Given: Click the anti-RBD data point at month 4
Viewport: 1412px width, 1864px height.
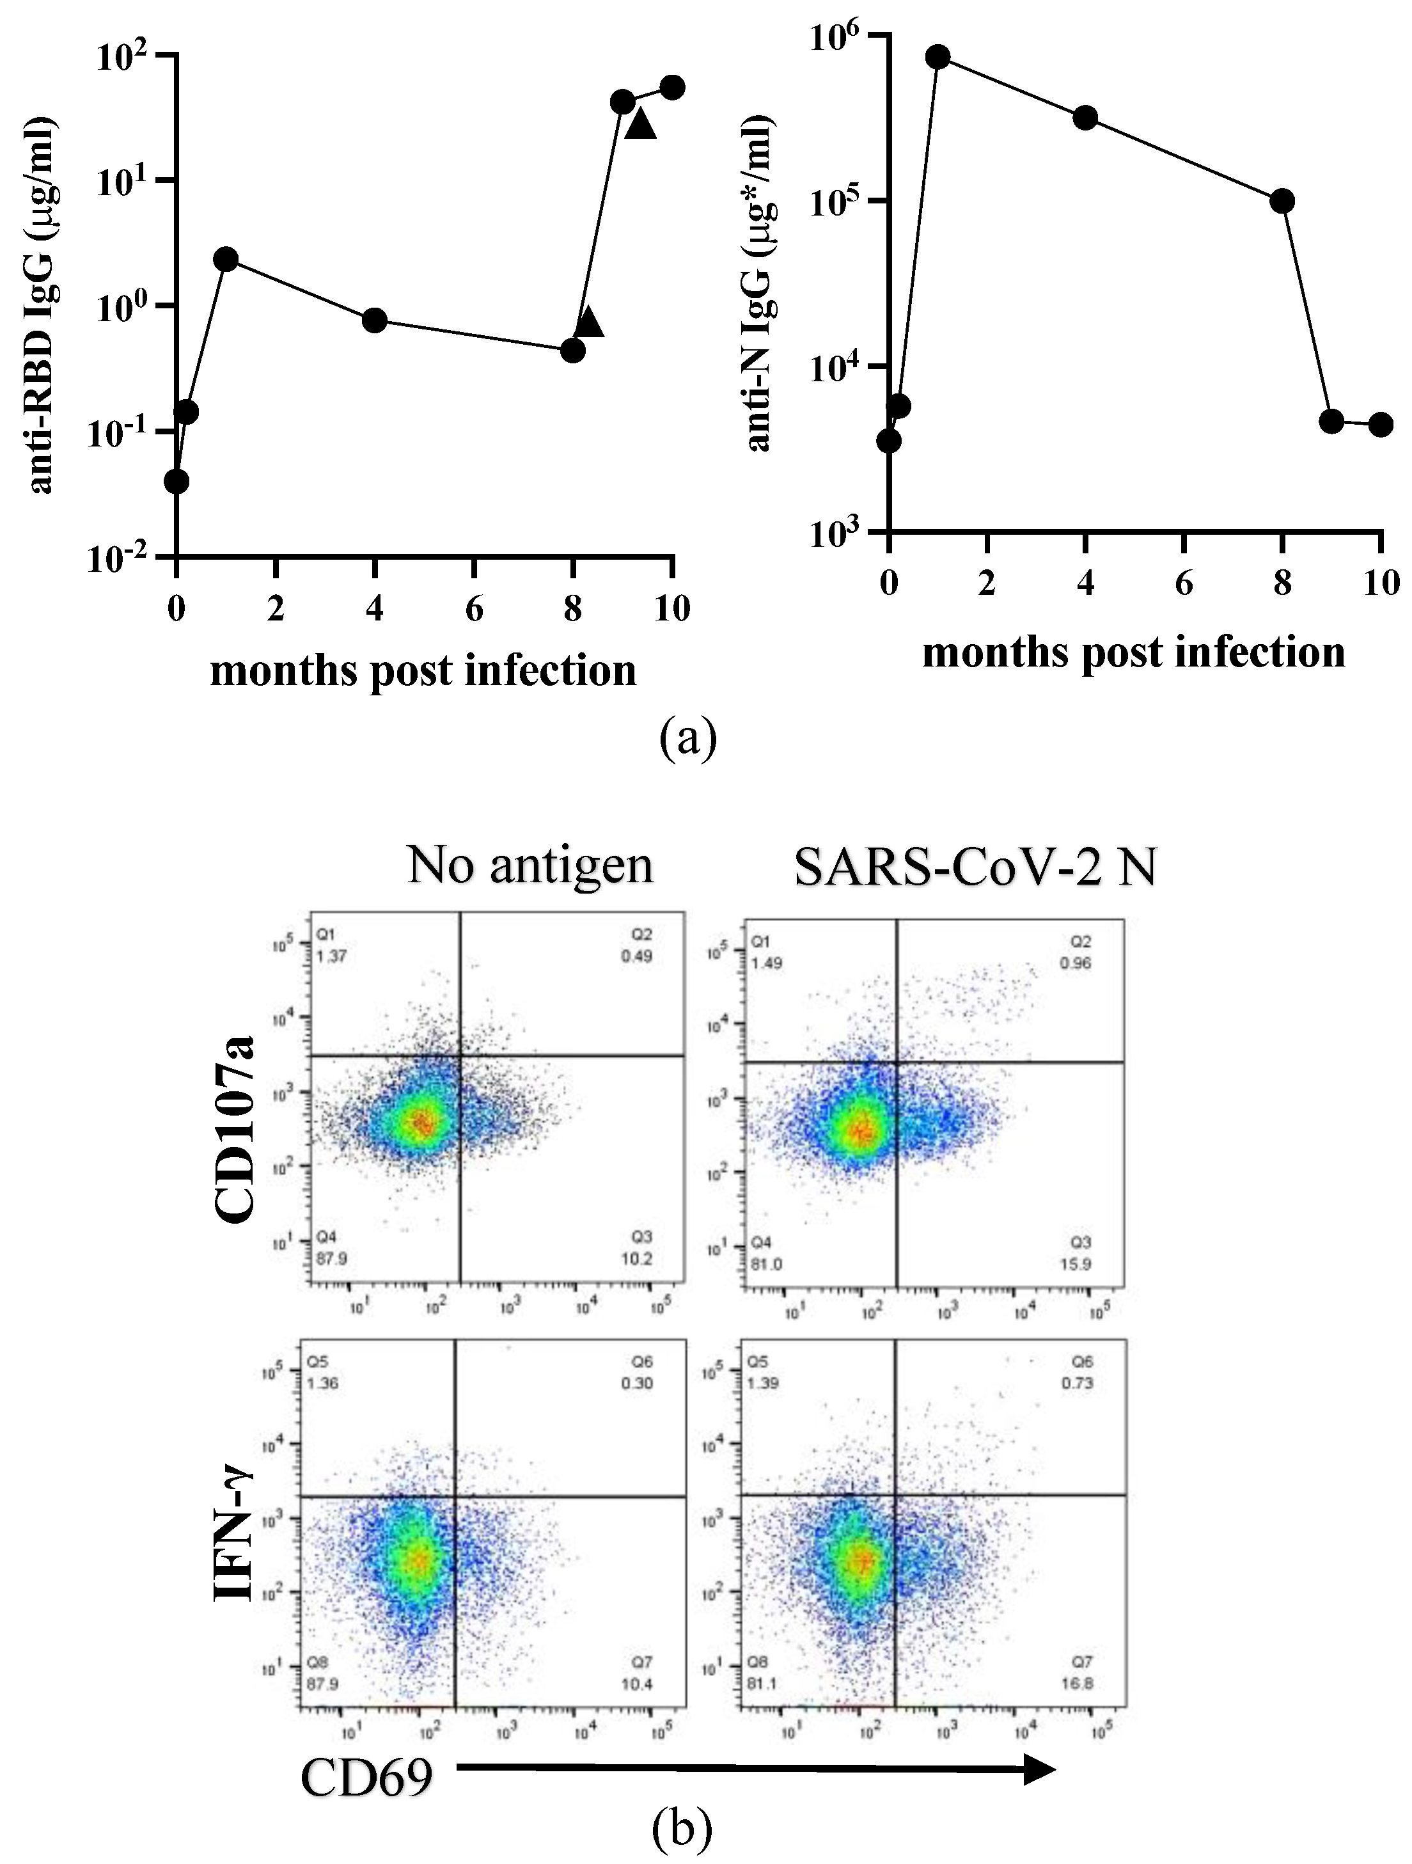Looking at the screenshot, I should (x=374, y=320).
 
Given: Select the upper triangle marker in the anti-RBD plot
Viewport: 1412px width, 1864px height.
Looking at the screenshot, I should (x=640, y=125).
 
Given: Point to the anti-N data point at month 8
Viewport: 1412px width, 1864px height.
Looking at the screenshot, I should (x=1282, y=201).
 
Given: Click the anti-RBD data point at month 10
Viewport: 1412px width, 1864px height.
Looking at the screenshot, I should (x=672, y=87).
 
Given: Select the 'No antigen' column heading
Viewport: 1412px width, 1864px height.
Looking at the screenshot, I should (x=530, y=865).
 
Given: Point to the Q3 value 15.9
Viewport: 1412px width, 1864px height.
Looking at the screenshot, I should (x=1078, y=1264).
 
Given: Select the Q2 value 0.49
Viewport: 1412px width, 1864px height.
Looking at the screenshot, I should (x=637, y=956).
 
